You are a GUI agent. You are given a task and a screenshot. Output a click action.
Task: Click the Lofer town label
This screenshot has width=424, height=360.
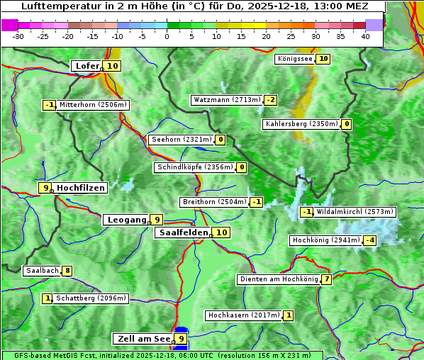(x=87, y=66)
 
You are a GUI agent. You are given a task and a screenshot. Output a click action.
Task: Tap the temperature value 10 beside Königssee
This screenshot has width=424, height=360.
(x=323, y=59)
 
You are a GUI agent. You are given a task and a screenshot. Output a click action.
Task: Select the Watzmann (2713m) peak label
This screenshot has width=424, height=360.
(x=226, y=100)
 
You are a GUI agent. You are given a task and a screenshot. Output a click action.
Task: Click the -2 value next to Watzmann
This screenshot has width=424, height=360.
(x=270, y=100)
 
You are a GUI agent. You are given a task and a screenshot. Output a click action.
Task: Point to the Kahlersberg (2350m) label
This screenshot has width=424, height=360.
(x=301, y=124)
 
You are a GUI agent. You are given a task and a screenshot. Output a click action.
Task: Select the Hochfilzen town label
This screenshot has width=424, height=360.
(x=81, y=188)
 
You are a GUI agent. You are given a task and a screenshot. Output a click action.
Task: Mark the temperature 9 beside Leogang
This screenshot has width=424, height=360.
(x=157, y=220)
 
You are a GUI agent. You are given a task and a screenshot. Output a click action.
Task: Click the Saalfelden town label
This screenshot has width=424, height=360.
(x=184, y=232)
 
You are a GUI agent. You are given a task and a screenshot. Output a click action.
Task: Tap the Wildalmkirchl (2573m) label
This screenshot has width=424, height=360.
(x=355, y=212)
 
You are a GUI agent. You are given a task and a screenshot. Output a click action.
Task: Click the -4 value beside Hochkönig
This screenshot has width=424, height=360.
(x=369, y=240)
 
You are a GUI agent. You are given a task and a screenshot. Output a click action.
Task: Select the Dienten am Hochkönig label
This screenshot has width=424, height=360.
(x=279, y=279)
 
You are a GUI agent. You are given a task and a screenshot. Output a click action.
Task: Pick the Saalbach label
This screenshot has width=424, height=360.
(x=42, y=271)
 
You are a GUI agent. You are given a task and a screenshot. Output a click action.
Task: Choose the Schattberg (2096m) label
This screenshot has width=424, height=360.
(x=91, y=298)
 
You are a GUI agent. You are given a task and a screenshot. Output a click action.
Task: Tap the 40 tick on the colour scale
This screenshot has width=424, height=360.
(x=365, y=36)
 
